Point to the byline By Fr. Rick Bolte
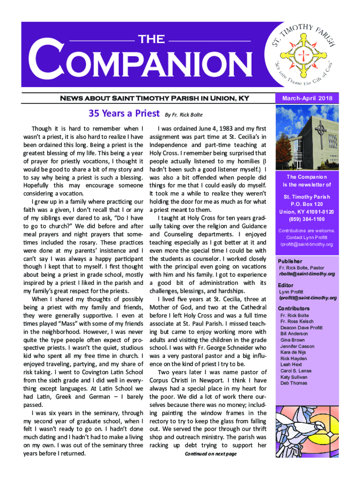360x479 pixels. click(184, 114)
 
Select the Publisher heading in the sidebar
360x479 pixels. click(290, 261)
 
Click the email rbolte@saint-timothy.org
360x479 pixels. click(307, 274)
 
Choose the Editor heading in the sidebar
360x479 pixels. click(286, 285)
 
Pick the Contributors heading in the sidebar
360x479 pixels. click(294, 309)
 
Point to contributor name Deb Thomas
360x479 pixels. click(294, 383)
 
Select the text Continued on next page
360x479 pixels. click(211, 454)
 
